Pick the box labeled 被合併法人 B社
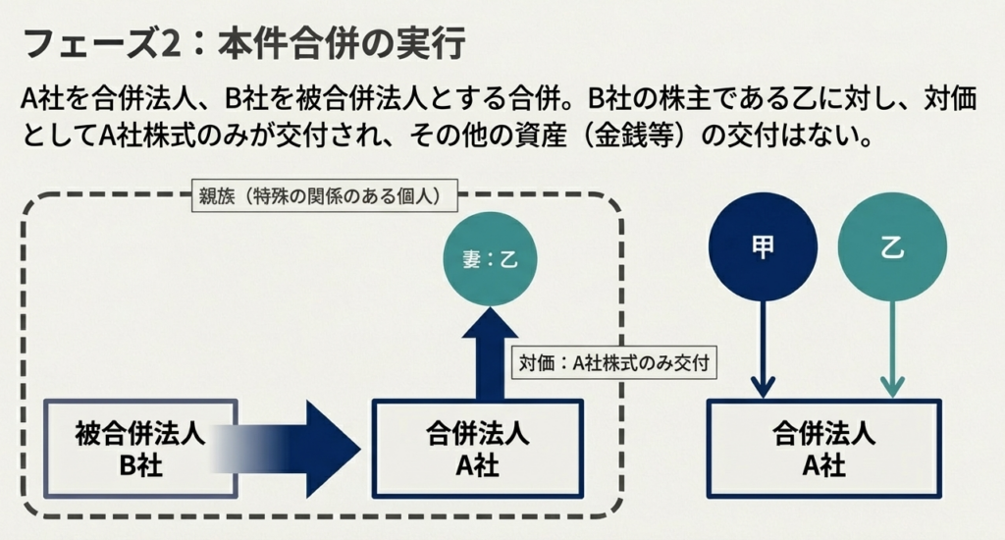pos(139,448)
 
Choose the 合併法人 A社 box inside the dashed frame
pos(477,448)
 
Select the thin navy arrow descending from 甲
pos(763,344)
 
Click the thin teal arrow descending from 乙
pos(893,344)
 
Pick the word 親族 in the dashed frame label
pos(214,196)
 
